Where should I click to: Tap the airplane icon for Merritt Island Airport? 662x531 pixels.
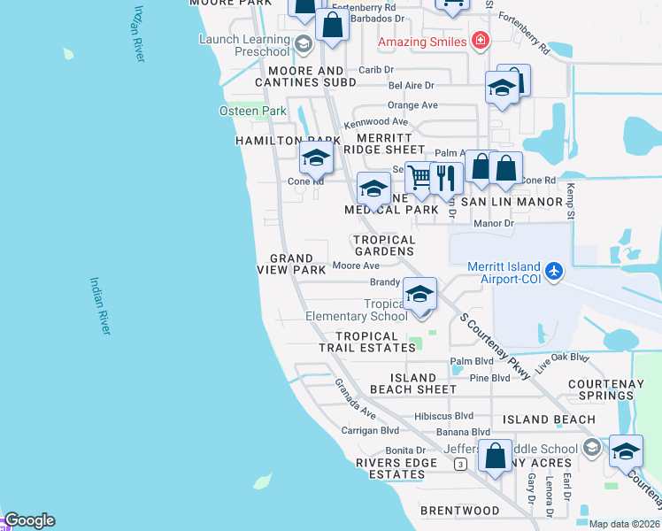point(554,269)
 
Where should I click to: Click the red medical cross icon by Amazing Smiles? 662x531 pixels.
point(481,41)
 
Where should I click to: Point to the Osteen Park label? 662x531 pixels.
point(253,111)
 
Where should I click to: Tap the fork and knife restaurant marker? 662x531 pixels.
point(446,177)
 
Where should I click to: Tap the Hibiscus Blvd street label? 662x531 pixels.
point(443,415)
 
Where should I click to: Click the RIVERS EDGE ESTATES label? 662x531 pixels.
point(390,468)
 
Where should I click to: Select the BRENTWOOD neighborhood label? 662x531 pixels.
point(459,511)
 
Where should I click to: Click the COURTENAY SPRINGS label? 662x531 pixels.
point(611,390)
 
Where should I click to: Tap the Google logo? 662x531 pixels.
point(29,520)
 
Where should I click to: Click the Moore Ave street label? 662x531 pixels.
point(356,265)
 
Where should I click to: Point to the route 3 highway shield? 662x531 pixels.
point(459,463)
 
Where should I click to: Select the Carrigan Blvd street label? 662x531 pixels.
point(371,431)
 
